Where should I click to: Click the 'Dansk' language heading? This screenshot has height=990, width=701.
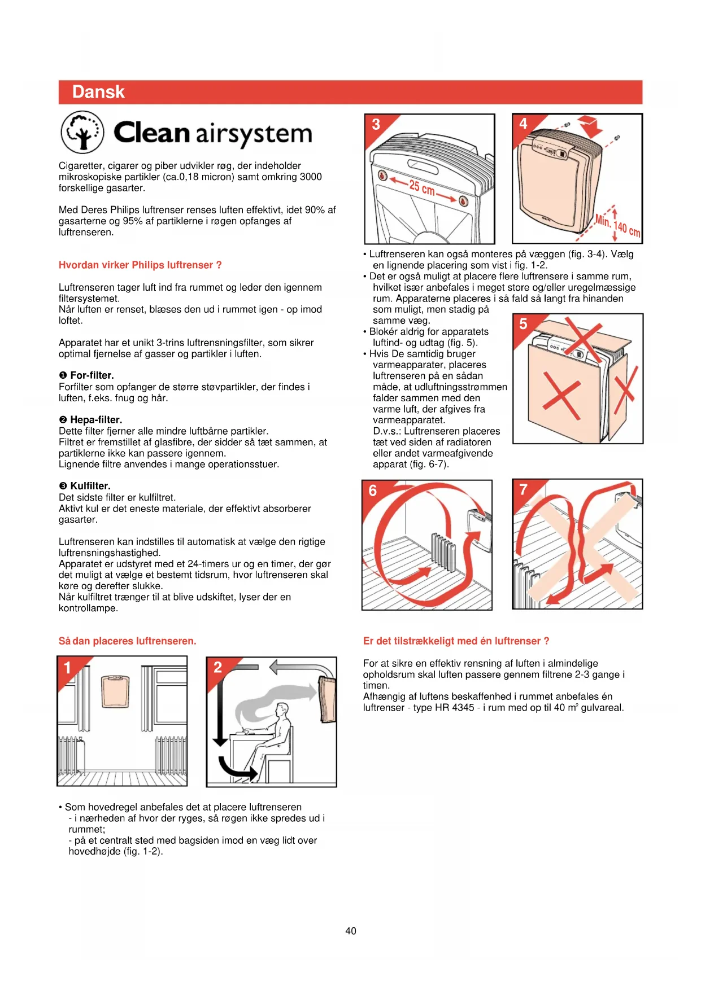[98, 92]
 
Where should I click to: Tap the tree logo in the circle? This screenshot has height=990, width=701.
[82, 132]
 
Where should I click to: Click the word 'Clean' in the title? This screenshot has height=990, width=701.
[151, 133]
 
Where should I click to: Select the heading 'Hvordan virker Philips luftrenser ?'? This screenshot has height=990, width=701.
[140, 265]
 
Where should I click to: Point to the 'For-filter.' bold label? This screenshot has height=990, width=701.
[92, 375]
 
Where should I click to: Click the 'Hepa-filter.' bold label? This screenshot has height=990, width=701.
[95, 419]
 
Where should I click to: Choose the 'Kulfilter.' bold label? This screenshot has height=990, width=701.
[90, 486]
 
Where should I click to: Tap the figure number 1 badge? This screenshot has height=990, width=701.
[68, 668]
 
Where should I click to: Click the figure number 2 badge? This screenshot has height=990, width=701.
[217, 668]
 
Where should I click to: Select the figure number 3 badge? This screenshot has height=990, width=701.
[376, 125]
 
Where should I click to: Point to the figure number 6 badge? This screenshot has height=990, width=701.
[373, 490]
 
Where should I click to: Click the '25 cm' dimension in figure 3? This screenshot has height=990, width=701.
[422, 187]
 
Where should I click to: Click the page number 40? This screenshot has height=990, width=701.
[351, 931]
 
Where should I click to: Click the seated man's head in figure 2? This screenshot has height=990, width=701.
[281, 709]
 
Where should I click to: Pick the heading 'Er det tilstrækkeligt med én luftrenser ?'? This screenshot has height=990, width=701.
[456, 641]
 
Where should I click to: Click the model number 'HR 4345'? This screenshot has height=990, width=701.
[454, 708]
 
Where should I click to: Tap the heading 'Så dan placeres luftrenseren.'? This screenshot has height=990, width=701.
[127, 641]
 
